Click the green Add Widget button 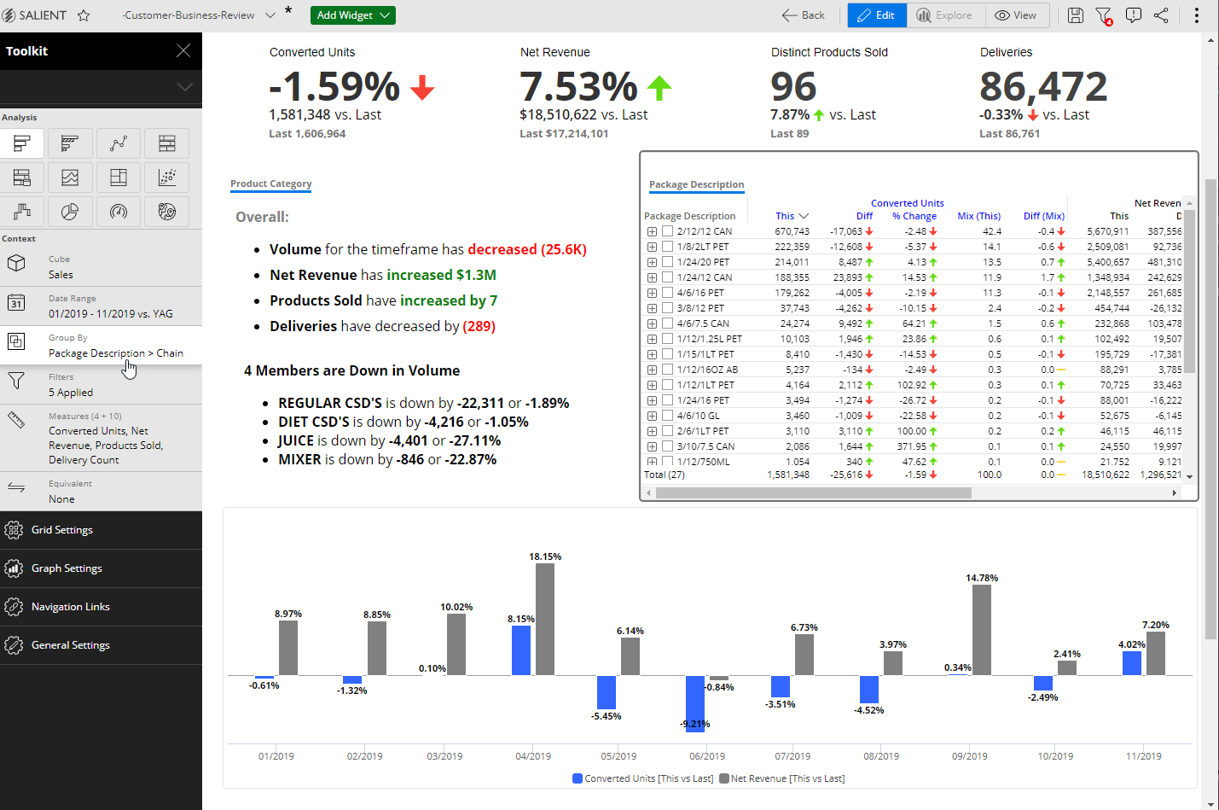pyautogui.click(x=352, y=15)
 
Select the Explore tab pyautogui.click(x=945, y=15)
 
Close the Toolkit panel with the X pyautogui.click(x=183, y=51)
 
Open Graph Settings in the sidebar pyautogui.click(x=67, y=568)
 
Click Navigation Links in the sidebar pyautogui.click(x=70, y=607)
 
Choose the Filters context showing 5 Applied pyautogui.click(x=71, y=385)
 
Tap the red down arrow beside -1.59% pyautogui.click(x=422, y=87)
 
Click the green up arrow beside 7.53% pyautogui.click(x=659, y=87)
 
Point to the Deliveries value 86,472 pyautogui.click(x=1042, y=87)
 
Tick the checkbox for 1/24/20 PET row pyautogui.click(x=668, y=262)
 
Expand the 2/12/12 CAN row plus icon pyautogui.click(x=652, y=231)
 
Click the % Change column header pyautogui.click(x=914, y=216)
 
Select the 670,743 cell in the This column pyautogui.click(x=792, y=231)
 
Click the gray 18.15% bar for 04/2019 pyautogui.click(x=545, y=619)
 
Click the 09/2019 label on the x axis pyautogui.click(x=970, y=756)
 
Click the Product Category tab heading pyautogui.click(x=270, y=184)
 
